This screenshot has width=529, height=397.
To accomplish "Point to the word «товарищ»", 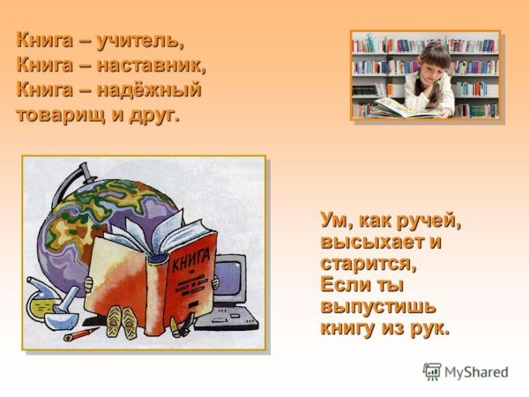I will pyautogui.click(x=58, y=115).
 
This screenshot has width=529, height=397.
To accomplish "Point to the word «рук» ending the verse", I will pyautogui.click(x=430, y=329).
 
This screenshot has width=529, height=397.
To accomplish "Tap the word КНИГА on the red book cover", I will pyautogui.click(x=188, y=261).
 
